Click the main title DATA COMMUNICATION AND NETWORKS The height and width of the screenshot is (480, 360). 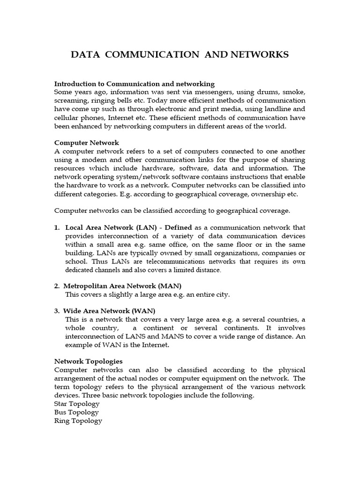180,55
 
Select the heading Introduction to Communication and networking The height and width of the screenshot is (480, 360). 135,84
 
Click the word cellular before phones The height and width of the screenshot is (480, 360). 69,118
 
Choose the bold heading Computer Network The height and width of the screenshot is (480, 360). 87,142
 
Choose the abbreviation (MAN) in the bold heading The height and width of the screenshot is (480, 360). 170,286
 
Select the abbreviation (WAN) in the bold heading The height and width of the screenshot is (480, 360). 143,311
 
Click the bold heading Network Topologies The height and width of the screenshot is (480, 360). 89,361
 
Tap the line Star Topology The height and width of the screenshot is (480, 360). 77,404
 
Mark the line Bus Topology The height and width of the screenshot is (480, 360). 76,412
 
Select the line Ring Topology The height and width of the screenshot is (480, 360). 78,420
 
